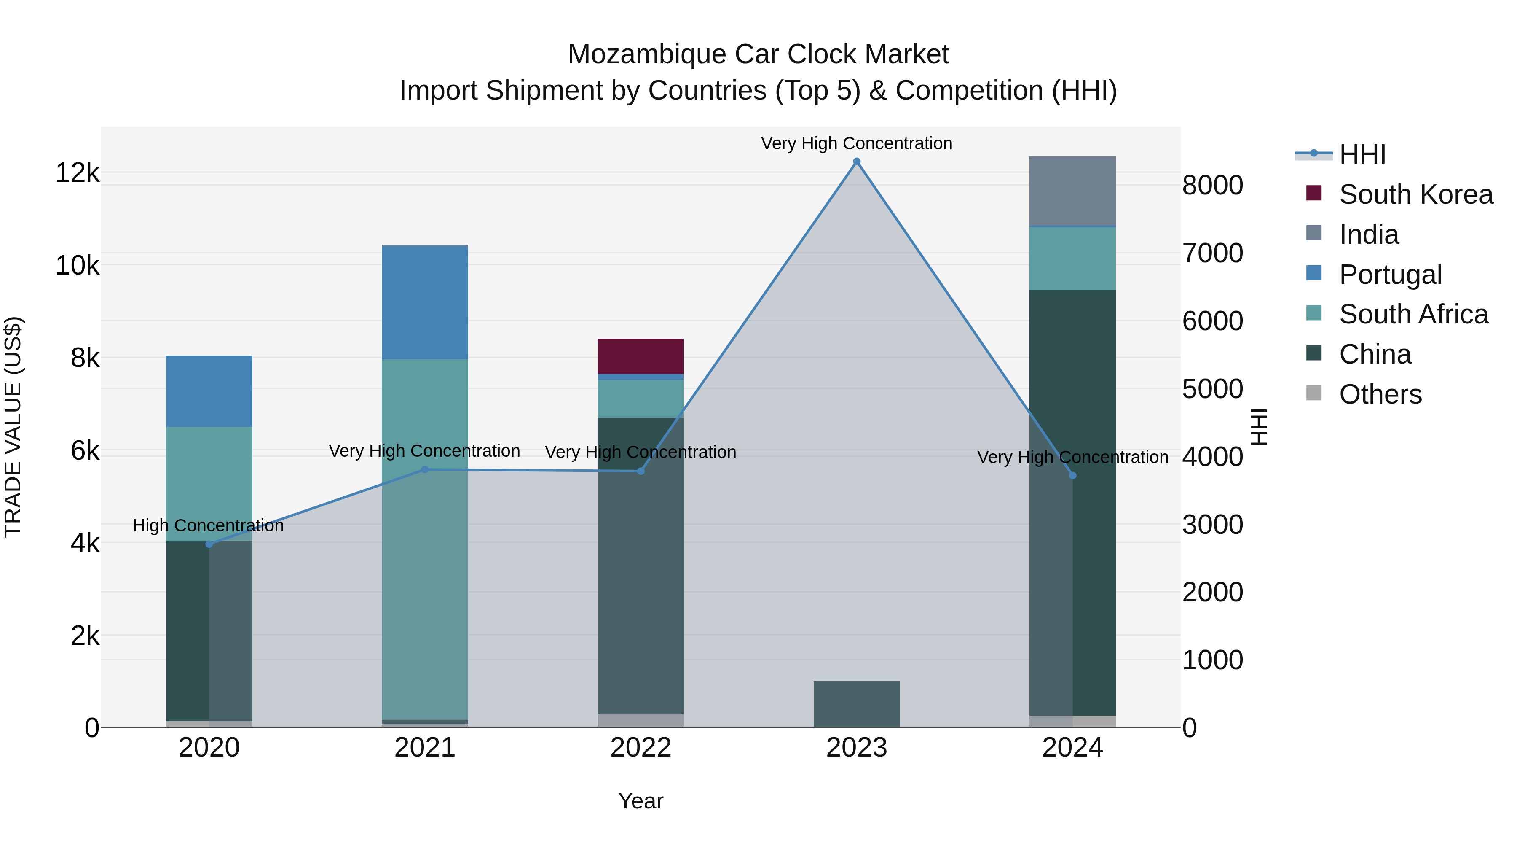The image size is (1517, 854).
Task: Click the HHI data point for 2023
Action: point(856,162)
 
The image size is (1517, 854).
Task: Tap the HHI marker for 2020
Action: point(209,544)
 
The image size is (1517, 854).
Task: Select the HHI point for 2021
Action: point(425,470)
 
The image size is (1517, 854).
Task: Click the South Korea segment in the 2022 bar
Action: point(641,356)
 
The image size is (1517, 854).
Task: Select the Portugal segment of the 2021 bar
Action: point(425,302)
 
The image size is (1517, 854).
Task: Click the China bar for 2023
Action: point(856,704)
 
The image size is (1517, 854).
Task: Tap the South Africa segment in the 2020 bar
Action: point(209,483)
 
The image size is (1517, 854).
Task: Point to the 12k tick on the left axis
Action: point(77,172)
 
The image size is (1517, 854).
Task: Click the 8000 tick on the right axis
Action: point(1212,185)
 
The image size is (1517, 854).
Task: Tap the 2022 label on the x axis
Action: point(641,748)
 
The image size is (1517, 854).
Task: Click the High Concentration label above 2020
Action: point(209,525)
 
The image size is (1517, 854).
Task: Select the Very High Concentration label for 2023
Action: point(856,143)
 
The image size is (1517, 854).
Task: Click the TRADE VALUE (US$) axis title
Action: point(13,427)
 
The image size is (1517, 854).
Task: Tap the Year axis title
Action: point(641,801)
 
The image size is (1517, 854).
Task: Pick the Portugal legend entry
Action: point(1390,275)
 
